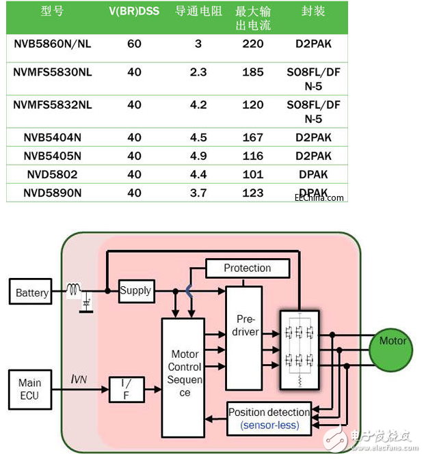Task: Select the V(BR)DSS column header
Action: [134, 12]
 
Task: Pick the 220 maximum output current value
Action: [252, 44]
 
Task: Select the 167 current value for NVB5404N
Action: [252, 137]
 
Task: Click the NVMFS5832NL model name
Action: [52, 105]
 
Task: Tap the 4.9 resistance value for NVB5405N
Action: [198, 156]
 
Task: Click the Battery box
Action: [32, 292]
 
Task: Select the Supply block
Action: [135, 290]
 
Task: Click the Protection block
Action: [247, 268]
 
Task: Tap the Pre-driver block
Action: [247, 326]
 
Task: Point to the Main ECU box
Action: [30, 389]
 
